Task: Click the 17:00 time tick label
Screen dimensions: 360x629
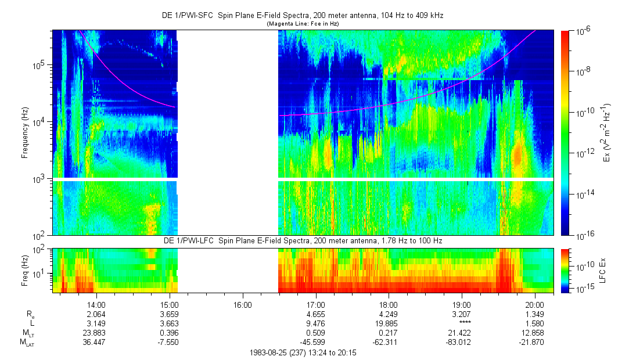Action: pos(315,304)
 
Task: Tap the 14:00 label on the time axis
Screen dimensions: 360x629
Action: pos(96,304)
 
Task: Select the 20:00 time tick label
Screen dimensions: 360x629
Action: pos(535,304)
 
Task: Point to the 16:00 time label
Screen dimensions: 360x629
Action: pos(242,304)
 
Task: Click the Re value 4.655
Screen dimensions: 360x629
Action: pos(315,314)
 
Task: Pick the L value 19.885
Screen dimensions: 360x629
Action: pos(389,323)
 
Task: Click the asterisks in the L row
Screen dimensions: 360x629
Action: pos(462,323)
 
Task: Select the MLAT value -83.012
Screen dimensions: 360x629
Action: pos(462,343)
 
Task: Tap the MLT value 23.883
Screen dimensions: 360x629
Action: pos(96,333)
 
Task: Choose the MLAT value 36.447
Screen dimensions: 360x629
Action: pos(96,343)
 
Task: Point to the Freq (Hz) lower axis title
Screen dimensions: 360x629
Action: pos(25,270)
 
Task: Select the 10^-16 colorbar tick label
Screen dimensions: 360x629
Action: pos(583,235)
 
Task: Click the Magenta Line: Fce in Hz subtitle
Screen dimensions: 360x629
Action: pos(303,24)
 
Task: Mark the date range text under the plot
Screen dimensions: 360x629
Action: pos(303,352)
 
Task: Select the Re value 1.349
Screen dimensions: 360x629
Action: pos(535,314)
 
